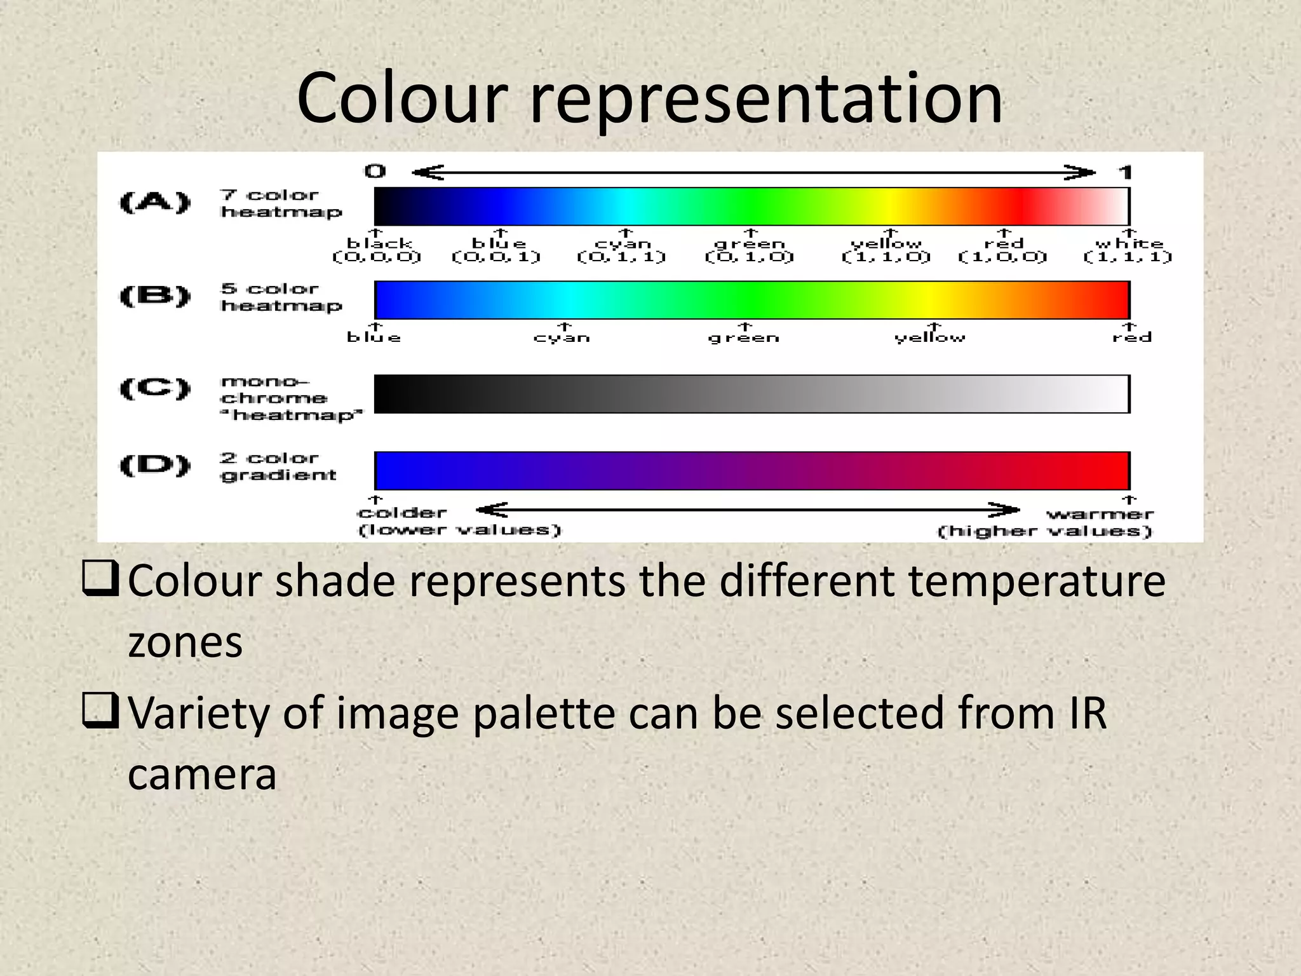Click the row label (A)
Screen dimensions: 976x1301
(x=155, y=203)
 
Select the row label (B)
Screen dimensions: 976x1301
(x=155, y=296)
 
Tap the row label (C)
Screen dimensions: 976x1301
(x=155, y=388)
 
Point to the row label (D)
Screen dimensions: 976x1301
(x=155, y=466)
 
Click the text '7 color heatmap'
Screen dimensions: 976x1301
(x=281, y=203)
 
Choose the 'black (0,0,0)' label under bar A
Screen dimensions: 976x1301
(x=377, y=250)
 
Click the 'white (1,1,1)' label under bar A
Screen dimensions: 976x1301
(x=1128, y=250)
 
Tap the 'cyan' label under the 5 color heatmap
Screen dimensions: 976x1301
(x=562, y=337)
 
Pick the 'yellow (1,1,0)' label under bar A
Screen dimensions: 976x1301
(x=886, y=250)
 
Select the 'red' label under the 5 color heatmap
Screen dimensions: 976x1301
(x=1131, y=337)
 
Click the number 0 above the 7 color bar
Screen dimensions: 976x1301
(x=375, y=171)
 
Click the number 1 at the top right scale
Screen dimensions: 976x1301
(x=1125, y=172)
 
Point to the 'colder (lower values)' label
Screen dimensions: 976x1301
(x=459, y=521)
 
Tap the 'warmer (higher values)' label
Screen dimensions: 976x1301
(x=1046, y=522)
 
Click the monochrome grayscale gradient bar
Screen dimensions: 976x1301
(x=752, y=394)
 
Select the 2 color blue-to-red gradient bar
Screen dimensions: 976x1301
(x=752, y=471)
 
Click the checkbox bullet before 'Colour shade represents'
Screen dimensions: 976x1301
(x=100, y=578)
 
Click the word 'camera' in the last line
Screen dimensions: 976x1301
(x=202, y=775)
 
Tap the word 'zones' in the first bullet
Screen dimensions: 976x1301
(x=185, y=642)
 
